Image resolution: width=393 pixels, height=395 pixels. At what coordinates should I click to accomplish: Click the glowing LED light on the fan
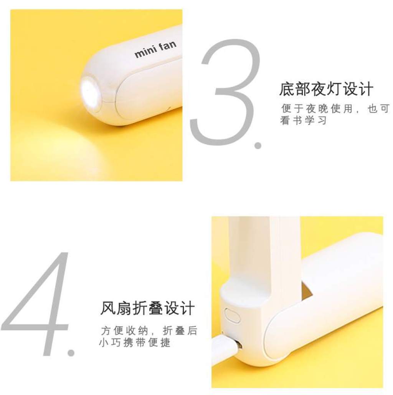tap(90, 91)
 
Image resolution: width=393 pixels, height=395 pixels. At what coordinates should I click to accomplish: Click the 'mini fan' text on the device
tap(155, 49)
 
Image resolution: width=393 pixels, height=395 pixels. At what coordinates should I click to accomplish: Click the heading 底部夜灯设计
tap(326, 89)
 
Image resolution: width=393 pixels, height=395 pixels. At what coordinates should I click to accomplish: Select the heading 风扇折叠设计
tap(147, 308)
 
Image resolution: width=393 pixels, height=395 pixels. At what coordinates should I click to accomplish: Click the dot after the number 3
tap(258, 145)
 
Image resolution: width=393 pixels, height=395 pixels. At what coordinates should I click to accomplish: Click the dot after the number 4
tap(71, 352)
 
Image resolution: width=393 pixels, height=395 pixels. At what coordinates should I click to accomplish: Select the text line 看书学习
tap(304, 120)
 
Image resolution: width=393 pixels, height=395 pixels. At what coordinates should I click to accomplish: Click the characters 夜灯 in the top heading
tap(326, 89)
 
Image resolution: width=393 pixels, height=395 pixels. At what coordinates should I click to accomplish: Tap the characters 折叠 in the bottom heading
tap(147, 308)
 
